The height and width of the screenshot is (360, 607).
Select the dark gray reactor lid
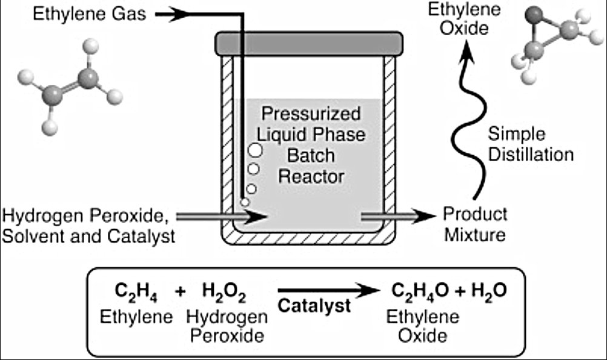[308, 43]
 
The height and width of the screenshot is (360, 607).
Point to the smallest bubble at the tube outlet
[245, 202]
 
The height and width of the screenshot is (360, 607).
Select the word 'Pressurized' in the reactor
[310, 113]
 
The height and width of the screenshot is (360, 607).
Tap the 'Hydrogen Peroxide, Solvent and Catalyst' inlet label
[88, 225]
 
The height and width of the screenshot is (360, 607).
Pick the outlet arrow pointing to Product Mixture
[397, 215]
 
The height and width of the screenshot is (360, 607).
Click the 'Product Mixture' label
[475, 224]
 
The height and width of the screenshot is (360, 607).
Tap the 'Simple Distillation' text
[530, 144]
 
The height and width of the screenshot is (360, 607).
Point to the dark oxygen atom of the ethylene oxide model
[534, 14]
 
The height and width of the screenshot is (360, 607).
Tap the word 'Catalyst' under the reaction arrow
[314, 306]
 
